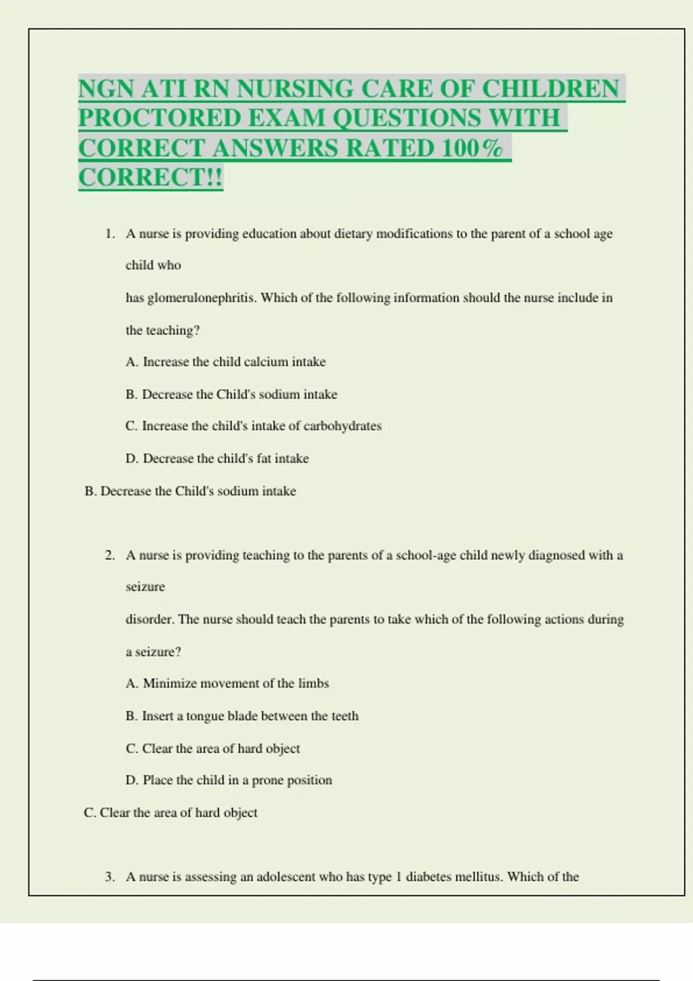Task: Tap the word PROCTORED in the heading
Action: click(159, 118)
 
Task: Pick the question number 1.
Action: click(110, 234)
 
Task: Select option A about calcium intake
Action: click(225, 362)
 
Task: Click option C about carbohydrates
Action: click(253, 426)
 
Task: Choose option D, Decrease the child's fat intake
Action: click(217, 458)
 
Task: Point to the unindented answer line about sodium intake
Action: click(190, 491)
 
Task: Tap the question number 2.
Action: click(110, 555)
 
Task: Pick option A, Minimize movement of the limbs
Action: click(227, 683)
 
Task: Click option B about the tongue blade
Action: click(241, 716)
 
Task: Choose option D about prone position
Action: click(228, 780)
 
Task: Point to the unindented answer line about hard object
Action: click(170, 812)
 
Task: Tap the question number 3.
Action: click(110, 877)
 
